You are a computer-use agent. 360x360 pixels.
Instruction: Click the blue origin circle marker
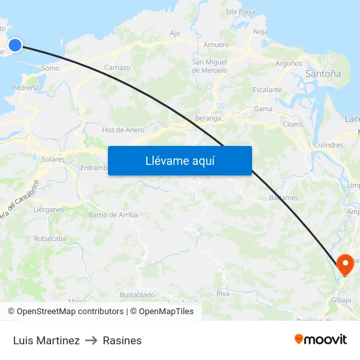14,45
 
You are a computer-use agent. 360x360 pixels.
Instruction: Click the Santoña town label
323,75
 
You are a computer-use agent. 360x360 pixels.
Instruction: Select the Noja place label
261,31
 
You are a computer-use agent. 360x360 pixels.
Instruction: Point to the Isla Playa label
240,11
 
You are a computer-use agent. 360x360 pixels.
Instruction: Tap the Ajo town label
174,33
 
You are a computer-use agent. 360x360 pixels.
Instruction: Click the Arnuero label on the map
216,45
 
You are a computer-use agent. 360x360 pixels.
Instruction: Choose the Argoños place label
289,63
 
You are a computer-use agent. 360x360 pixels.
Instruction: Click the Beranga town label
208,118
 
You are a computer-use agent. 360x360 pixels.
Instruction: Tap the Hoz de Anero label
123,130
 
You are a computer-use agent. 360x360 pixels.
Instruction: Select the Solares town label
52,159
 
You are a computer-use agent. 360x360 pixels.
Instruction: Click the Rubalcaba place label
50,239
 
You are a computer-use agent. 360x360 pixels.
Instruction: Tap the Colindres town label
329,145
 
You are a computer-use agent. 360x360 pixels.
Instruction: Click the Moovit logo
320,340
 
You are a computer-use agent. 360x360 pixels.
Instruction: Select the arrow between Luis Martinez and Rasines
91,340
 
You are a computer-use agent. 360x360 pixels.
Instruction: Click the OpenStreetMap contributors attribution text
70,312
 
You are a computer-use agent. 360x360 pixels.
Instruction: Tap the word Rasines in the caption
122,340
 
